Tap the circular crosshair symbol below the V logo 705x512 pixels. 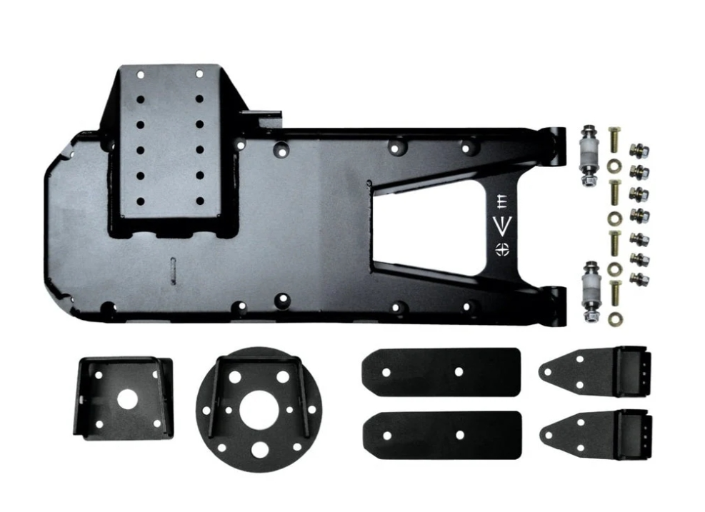tap(503, 249)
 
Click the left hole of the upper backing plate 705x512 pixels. tap(386, 372)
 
